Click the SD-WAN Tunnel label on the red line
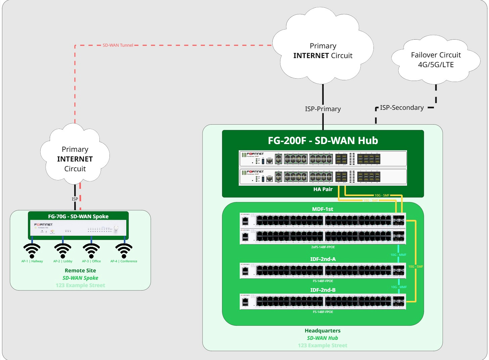pyautogui.click(x=118, y=45)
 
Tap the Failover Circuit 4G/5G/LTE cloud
pyautogui.click(x=436, y=60)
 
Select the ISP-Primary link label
pyautogui.click(x=323, y=109)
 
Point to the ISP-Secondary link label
pyautogui.click(x=402, y=107)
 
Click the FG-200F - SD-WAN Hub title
pyautogui.click(x=323, y=140)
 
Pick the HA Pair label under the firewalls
pyautogui.click(x=323, y=189)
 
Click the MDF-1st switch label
pyautogui.click(x=322, y=209)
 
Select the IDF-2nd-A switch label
pyautogui.click(x=323, y=259)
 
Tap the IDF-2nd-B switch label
pyautogui.click(x=323, y=290)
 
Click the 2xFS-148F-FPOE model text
pyautogui.click(x=323, y=247)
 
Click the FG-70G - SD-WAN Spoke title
pyautogui.click(x=78, y=216)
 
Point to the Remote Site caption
pyautogui.click(x=80, y=270)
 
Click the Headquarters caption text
pyautogui.click(x=322, y=330)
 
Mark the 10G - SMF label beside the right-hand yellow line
pyautogui.click(x=415, y=266)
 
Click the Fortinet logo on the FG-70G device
pyautogui.click(x=43, y=224)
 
